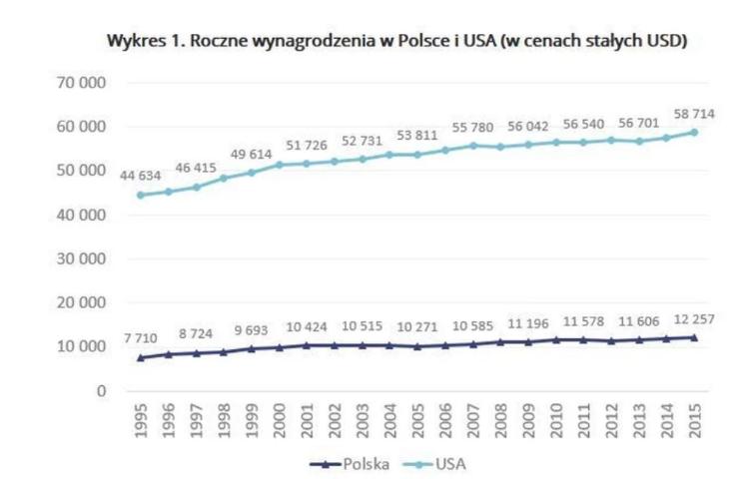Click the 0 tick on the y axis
pyautogui.click(x=102, y=390)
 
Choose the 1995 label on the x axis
pyautogui.click(x=141, y=422)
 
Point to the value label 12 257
pyautogui.click(x=694, y=318)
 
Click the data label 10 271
pyautogui.click(x=419, y=327)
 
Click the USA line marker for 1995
pyautogui.click(x=141, y=195)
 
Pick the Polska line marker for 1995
pyautogui.click(x=141, y=357)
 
